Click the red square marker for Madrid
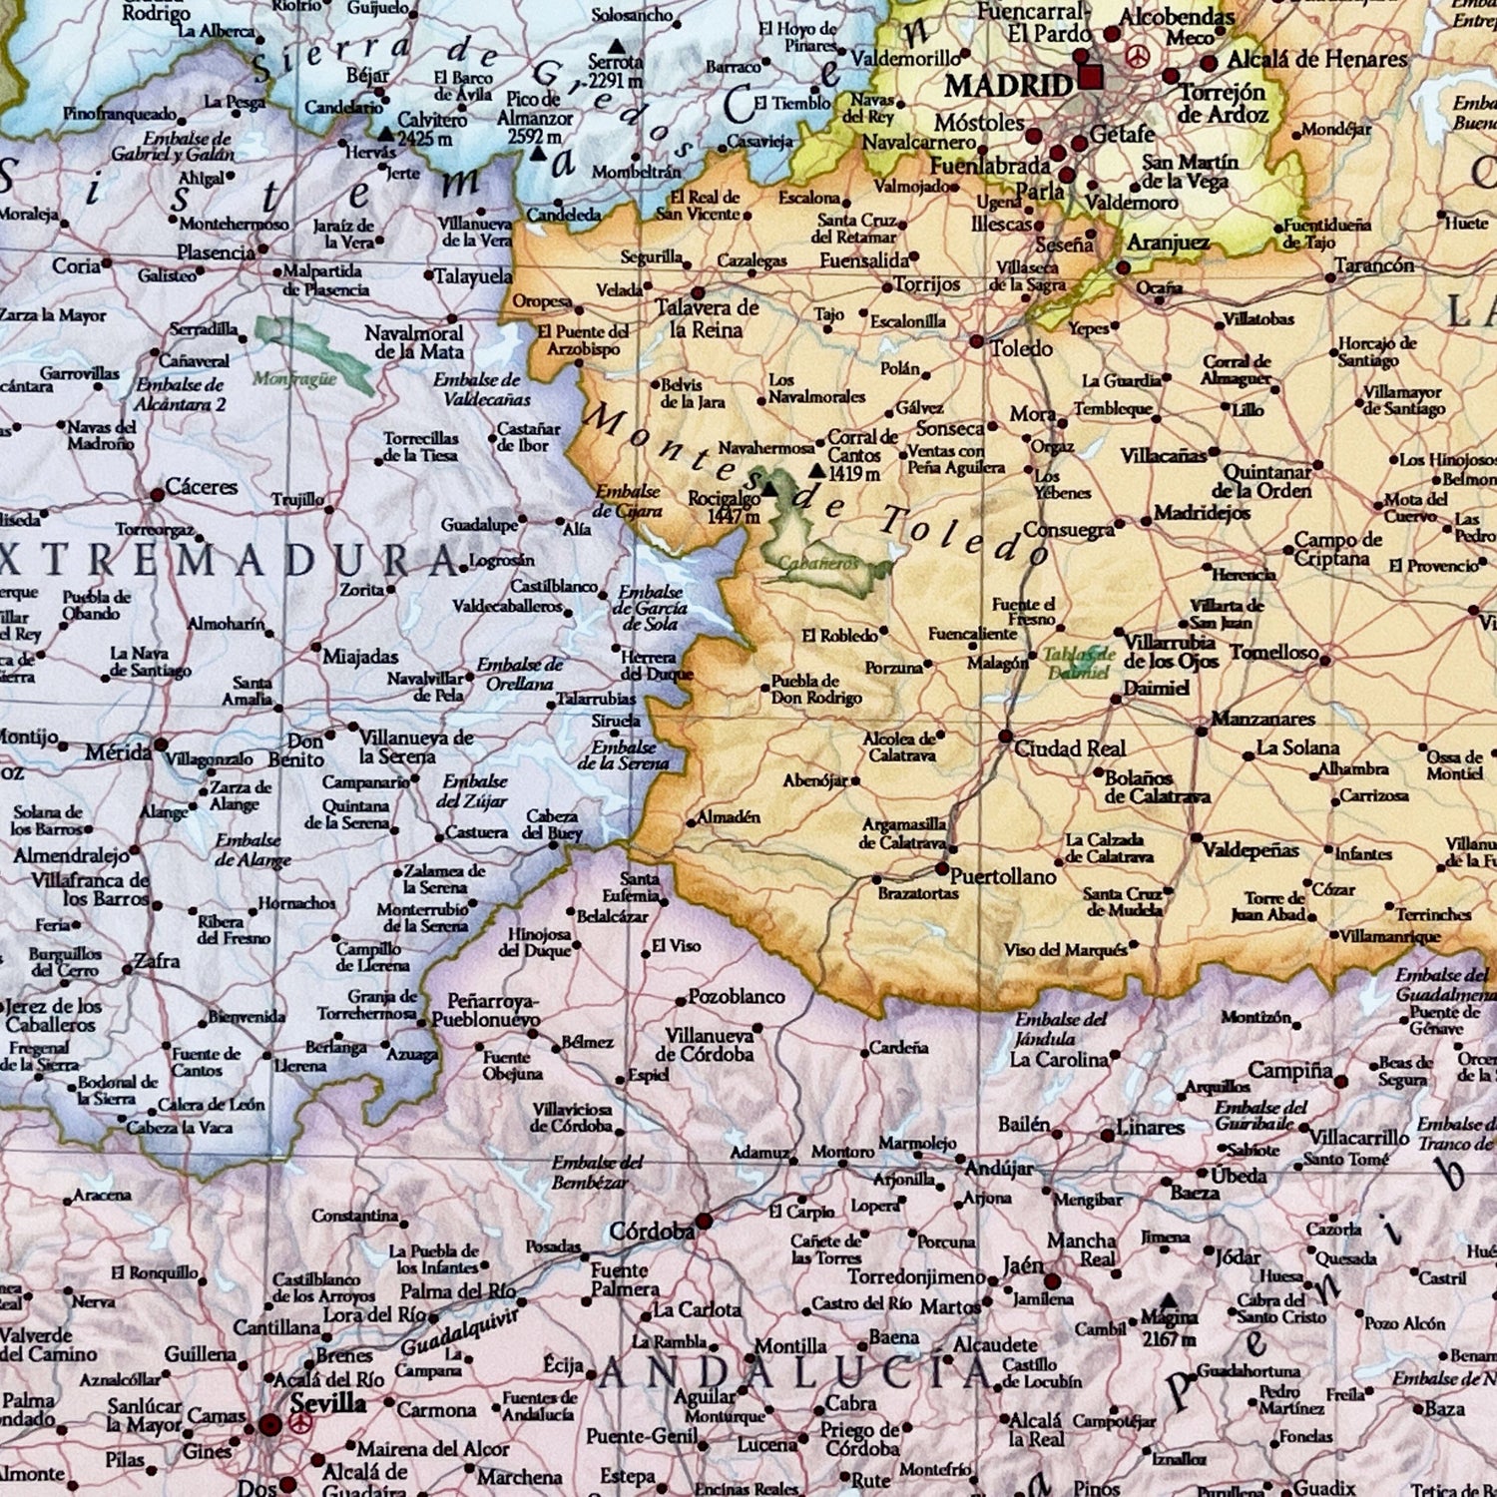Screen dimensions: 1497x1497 pyautogui.click(x=1092, y=77)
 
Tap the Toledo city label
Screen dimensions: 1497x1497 pyautogui.click(x=1021, y=348)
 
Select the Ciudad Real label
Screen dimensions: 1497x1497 pyautogui.click(x=1070, y=748)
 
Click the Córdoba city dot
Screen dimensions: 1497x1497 pyautogui.click(x=705, y=1221)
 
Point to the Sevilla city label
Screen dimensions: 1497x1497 pyautogui.click(x=328, y=1402)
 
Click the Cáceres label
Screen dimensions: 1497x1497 pyautogui.click(x=202, y=487)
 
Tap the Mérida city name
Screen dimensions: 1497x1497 pyautogui.click(x=117, y=751)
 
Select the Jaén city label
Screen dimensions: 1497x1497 pyautogui.click(x=1022, y=1265)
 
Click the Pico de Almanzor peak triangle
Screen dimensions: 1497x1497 pyautogui.click(x=539, y=155)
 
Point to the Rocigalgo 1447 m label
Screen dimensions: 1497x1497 pyautogui.click(x=724, y=507)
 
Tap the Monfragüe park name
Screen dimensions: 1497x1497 pyautogui.click(x=294, y=378)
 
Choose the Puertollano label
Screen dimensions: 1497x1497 pyautogui.click(x=1002, y=876)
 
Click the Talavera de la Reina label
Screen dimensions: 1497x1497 pyautogui.click(x=707, y=318)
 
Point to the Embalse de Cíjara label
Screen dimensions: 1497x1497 pyautogui.click(x=628, y=501)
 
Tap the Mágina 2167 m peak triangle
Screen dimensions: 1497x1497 pyautogui.click(x=1168, y=1300)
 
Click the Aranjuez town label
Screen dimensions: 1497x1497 pyautogui.click(x=1168, y=243)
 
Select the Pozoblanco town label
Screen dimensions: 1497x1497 pyautogui.click(x=737, y=997)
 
